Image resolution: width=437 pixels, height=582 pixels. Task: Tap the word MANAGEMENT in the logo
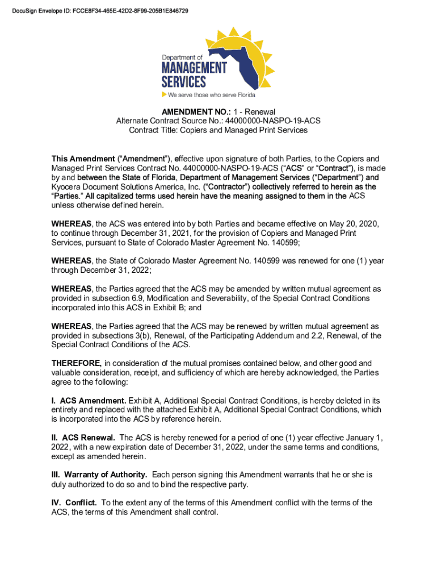point(194,68)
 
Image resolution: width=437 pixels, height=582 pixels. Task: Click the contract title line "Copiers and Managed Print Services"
point(243,130)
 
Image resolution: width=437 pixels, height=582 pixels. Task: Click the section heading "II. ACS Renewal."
point(83,438)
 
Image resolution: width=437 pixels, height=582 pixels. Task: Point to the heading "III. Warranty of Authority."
point(99,475)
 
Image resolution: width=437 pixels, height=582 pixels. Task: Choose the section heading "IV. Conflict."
point(74,503)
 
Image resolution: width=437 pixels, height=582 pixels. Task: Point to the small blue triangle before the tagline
point(164,94)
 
